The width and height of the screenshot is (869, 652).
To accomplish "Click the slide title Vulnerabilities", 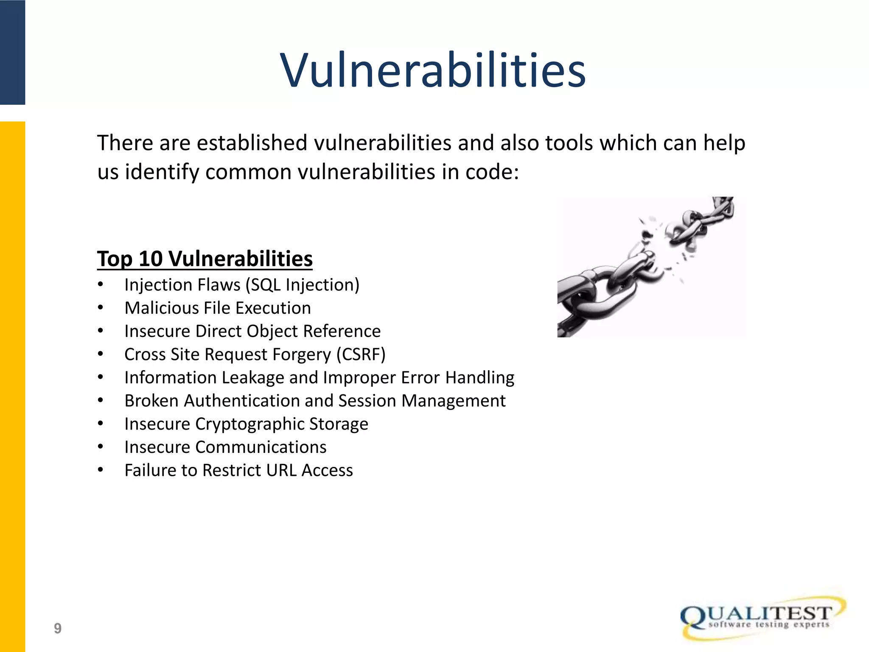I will [x=433, y=70].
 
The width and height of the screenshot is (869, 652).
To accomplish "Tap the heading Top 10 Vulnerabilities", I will [x=205, y=259].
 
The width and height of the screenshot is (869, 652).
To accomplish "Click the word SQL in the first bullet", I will [x=266, y=285].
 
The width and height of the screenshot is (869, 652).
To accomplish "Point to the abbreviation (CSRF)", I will [x=361, y=354].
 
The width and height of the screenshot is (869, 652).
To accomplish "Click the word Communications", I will [x=261, y=447].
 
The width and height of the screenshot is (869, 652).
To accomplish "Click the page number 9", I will [x=58, y=628].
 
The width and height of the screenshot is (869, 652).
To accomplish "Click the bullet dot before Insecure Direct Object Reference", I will [x=101, y=331].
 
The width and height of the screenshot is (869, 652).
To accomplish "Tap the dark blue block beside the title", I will [x=12, y=52].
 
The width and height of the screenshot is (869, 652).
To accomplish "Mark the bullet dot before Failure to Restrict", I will [x=101, y=470].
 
